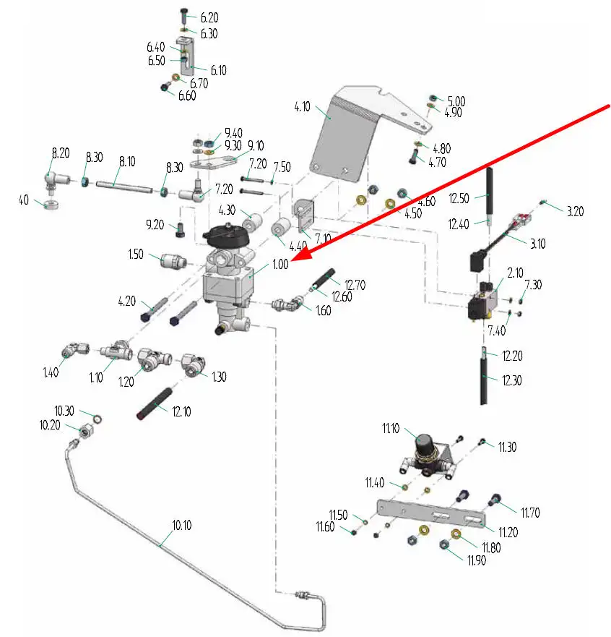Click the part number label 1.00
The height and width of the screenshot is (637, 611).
[280, 265]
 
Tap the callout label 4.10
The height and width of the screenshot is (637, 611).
[302, 107]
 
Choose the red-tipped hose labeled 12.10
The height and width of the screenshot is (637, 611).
[152, 405]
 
